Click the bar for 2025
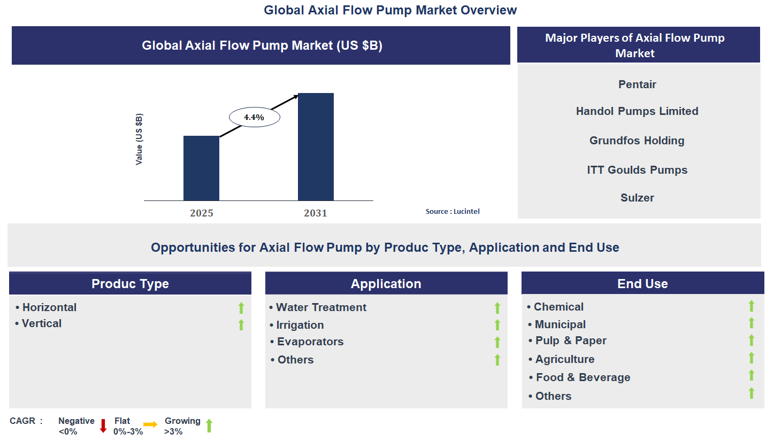[x=201, y=168]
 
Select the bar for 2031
[x=316, y=146]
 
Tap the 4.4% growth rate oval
[x=254, y=117]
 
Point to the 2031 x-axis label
[x=316, y=213]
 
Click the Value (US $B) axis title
[x=139, y=139]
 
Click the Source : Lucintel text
[x=453, y=211]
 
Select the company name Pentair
[x=637, y=84]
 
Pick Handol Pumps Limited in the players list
[x=637, y=111]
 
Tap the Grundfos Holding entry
[x=637, y=141]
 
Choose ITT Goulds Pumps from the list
[x=637, y=170]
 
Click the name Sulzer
[x=637, y=198]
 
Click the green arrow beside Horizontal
[x=241, y=308]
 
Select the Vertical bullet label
[x=41, y=323]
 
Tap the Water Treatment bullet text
[x=321, y=307]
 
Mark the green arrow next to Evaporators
[x=497, y=342]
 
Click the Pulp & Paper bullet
[x=570, y=341]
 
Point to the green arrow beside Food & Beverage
[x=752, y=375]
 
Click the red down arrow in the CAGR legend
[x=104, y=425]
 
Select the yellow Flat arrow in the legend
[x=150, y=424]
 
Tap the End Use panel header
[x=642, y=284]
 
